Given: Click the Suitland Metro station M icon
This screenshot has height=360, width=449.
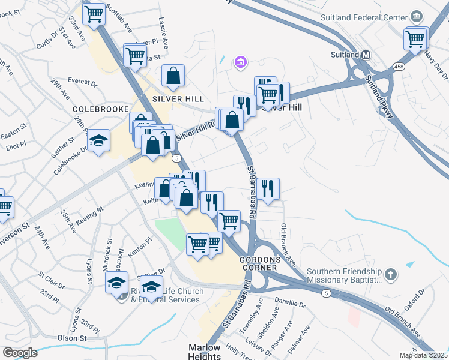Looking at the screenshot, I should coord(366,55).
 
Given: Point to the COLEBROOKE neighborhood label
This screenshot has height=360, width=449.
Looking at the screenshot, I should coord(101,109).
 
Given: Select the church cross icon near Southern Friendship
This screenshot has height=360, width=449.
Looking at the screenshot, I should coord(391,274).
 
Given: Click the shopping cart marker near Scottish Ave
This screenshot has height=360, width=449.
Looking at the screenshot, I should coord(94,14).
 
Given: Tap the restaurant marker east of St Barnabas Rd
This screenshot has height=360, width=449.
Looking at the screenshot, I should coord(268,188).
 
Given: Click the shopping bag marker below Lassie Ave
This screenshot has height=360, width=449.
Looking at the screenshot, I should coord(173,76).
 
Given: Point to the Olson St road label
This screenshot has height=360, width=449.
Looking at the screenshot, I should coord(72,338).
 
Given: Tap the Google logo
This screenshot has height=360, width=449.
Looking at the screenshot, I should coord(20,353).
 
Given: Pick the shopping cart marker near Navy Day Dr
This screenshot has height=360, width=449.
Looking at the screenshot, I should coord(415,40).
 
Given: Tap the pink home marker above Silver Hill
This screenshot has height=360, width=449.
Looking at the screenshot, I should coord(240,62).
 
